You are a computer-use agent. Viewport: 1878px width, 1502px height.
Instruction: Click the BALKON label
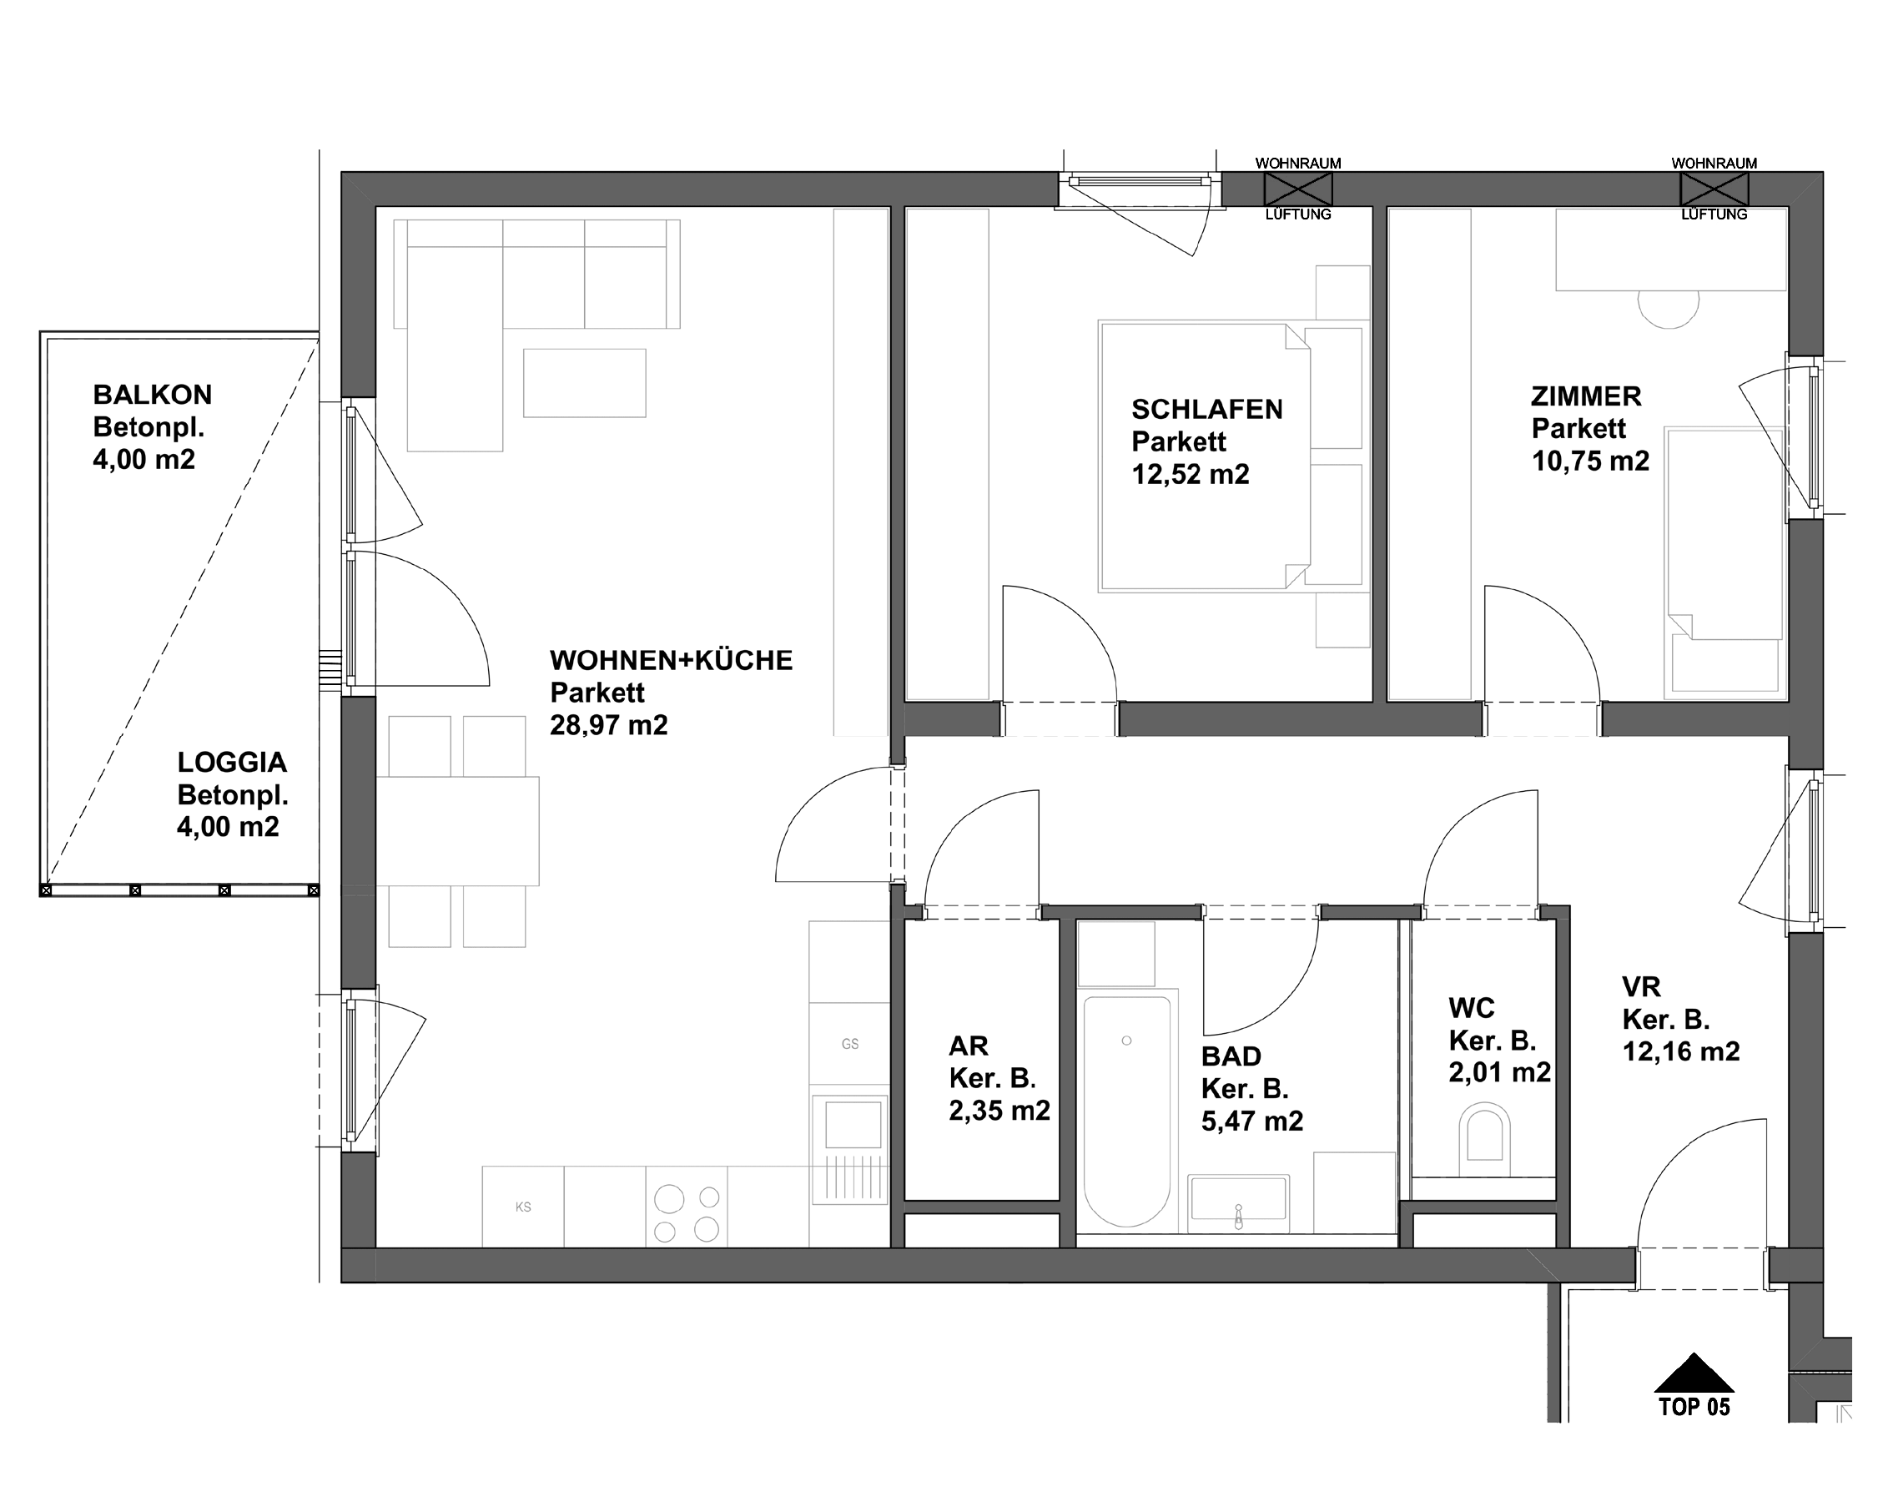click(153, 395)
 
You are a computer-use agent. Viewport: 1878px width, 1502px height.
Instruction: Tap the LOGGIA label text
click(232, 763)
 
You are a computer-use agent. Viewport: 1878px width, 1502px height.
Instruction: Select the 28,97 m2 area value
click(608, 725)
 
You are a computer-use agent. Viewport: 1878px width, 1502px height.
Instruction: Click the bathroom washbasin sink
click(1238, 1199)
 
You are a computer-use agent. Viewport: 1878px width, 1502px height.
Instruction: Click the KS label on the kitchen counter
click(522, 1207)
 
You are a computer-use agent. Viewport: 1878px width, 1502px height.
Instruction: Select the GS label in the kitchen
click(849, 1044)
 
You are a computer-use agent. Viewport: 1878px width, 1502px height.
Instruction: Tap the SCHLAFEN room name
click(1206, 410)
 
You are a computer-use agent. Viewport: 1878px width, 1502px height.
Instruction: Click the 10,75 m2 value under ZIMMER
click(1589, 461)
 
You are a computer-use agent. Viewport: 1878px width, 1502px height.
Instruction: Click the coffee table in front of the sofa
click(585, 383)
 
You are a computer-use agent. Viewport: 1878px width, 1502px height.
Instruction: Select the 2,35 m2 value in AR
click(999, 1111)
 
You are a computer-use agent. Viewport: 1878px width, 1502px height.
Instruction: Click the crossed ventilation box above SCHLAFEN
click(1298, 189)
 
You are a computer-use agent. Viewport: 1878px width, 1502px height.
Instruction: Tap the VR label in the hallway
click(1641, 987)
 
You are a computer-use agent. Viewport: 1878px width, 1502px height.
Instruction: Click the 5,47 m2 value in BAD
click(1251, 1121)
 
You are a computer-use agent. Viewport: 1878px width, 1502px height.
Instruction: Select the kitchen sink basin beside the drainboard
click(853, 1124)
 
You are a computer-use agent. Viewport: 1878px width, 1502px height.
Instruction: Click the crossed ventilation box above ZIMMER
click(1714, 189)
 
